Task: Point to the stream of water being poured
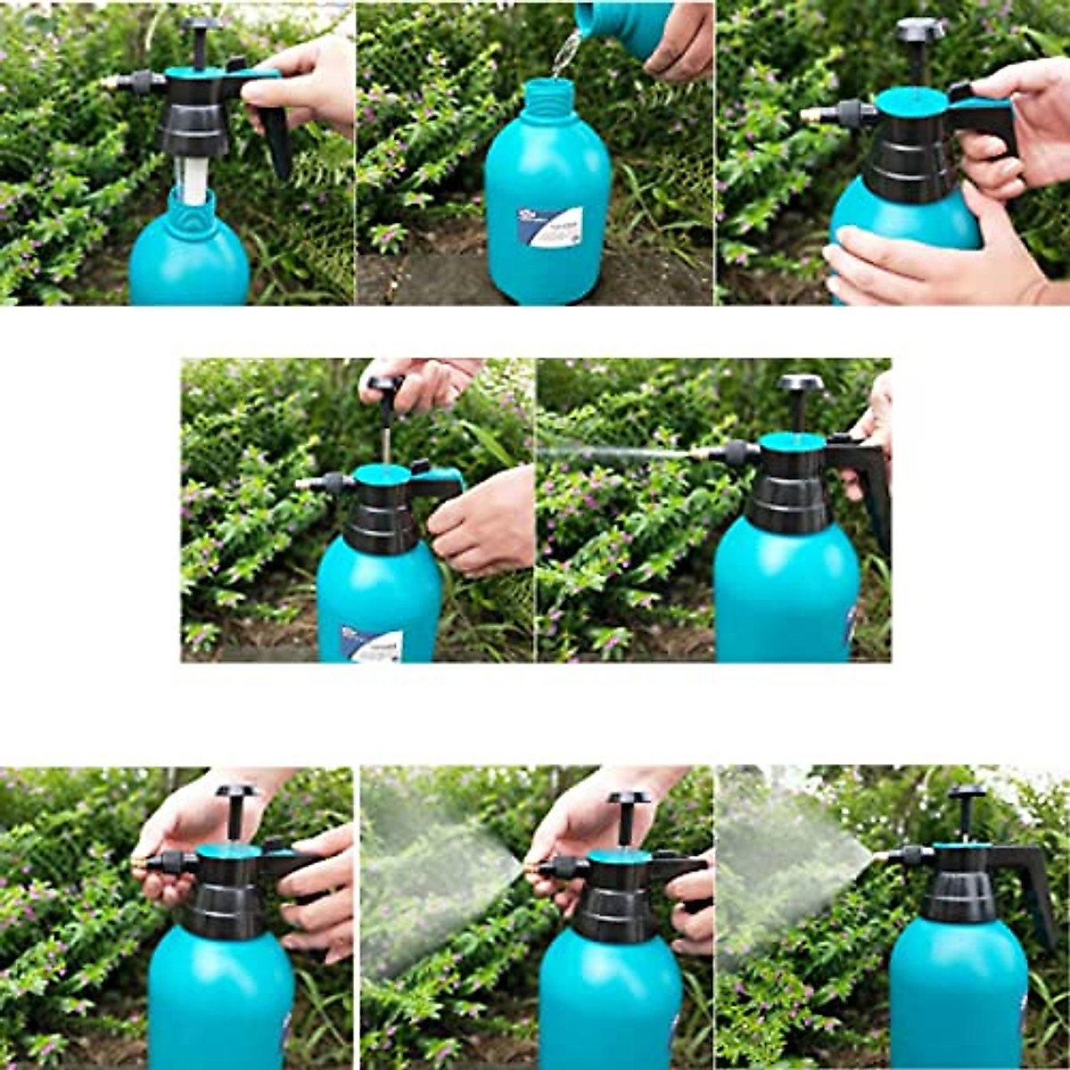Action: point(564,53)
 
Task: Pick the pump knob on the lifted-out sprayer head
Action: point(201,27)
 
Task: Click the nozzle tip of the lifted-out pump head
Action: point(108,82)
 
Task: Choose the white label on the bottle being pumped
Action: point(373,643)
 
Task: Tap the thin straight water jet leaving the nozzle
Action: point(615,453)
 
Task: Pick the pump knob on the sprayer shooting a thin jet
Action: point(800,384)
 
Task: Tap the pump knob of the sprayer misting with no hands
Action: point(967,794)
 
